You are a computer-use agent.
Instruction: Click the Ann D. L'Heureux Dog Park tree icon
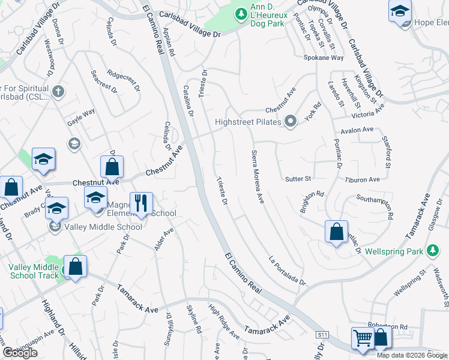[x=241, y=13]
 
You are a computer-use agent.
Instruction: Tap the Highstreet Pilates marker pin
[x=291, y=122]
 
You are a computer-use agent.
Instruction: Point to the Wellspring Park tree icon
[x=432, y=251]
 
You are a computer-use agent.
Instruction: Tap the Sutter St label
[x=298, y=179]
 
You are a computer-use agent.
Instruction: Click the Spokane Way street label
[x=327, y=58]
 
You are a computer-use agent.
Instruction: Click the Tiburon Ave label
[x=363, y=179]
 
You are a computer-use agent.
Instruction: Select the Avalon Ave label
[x=357, y=130]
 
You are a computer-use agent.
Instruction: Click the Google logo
[x=20, y=353]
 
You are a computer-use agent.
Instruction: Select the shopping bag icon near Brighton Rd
[x=337, y=232]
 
